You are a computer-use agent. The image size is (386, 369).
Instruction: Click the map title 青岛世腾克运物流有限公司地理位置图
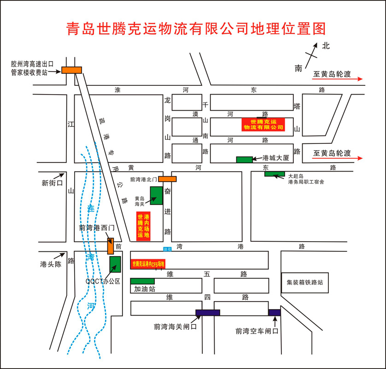pos(196,28)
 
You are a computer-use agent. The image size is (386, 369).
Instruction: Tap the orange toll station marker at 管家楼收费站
pos(71,70)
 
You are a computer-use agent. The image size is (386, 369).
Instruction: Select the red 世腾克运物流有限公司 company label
pos(263,124)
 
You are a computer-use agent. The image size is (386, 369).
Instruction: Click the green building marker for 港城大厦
pos(244,160)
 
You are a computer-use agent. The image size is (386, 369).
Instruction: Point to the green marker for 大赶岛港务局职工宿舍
pos(275,174)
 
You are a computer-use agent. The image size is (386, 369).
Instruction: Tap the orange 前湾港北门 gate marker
pos(168,179)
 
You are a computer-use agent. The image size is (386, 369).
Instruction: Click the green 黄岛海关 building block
pos(157,196)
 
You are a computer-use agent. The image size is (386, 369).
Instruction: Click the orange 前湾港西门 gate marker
pos(111,246)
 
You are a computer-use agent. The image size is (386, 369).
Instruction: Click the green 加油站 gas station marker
pos(142,281)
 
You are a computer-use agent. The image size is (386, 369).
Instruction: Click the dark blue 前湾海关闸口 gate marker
pos(207,313)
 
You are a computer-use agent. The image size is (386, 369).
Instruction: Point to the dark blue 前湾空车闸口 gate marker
pos(275,313)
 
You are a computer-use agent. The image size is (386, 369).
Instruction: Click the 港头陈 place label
pos(50,264)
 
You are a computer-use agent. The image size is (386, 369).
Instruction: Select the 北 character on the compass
pos(326,46)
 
